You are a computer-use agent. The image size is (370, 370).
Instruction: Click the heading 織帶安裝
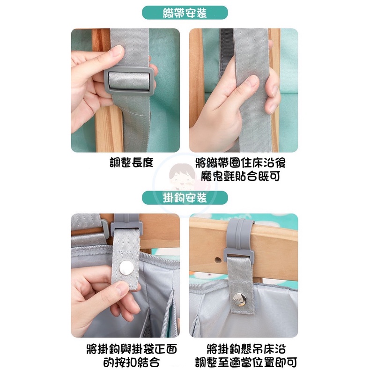click(x=185, y=13)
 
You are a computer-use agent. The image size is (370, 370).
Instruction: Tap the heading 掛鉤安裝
click(x=185, y=198)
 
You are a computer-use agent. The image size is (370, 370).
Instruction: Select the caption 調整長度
click(x=132, y=163)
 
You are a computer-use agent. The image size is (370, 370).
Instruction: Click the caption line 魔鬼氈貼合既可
click(x=241, y=176)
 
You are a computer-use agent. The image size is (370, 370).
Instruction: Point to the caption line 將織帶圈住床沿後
click(x=241, y=163)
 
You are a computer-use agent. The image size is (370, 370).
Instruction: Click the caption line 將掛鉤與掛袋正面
click(x=132, y=349)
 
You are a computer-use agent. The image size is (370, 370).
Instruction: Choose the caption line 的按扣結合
click(x=132, y=362)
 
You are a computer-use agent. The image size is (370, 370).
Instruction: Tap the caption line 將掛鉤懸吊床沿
click(x=246, y=349)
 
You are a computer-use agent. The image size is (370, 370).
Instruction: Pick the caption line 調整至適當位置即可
click(x=246, y=362)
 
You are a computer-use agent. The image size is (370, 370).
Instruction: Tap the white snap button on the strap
click(x=126, y=268)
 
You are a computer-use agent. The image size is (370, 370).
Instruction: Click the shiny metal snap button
click(x=239, y=299)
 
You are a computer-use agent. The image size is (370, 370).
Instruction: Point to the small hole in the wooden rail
click(x=218, y=260)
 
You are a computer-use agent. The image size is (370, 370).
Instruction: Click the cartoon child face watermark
click(x=182, y=176)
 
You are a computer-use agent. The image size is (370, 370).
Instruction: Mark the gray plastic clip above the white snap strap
click(x=126, y=223)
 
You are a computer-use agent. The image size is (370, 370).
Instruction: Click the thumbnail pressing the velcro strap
click(x=252, y=81)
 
